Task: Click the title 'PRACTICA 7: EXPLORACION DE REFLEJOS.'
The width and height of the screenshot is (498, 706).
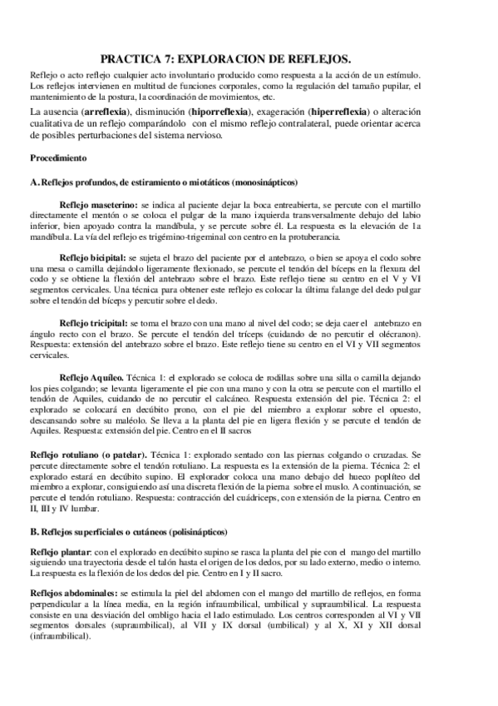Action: pos(249,59)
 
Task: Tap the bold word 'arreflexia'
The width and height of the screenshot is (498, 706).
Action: pos(103,111)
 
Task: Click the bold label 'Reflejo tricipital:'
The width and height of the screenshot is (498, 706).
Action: pos(94,322)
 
